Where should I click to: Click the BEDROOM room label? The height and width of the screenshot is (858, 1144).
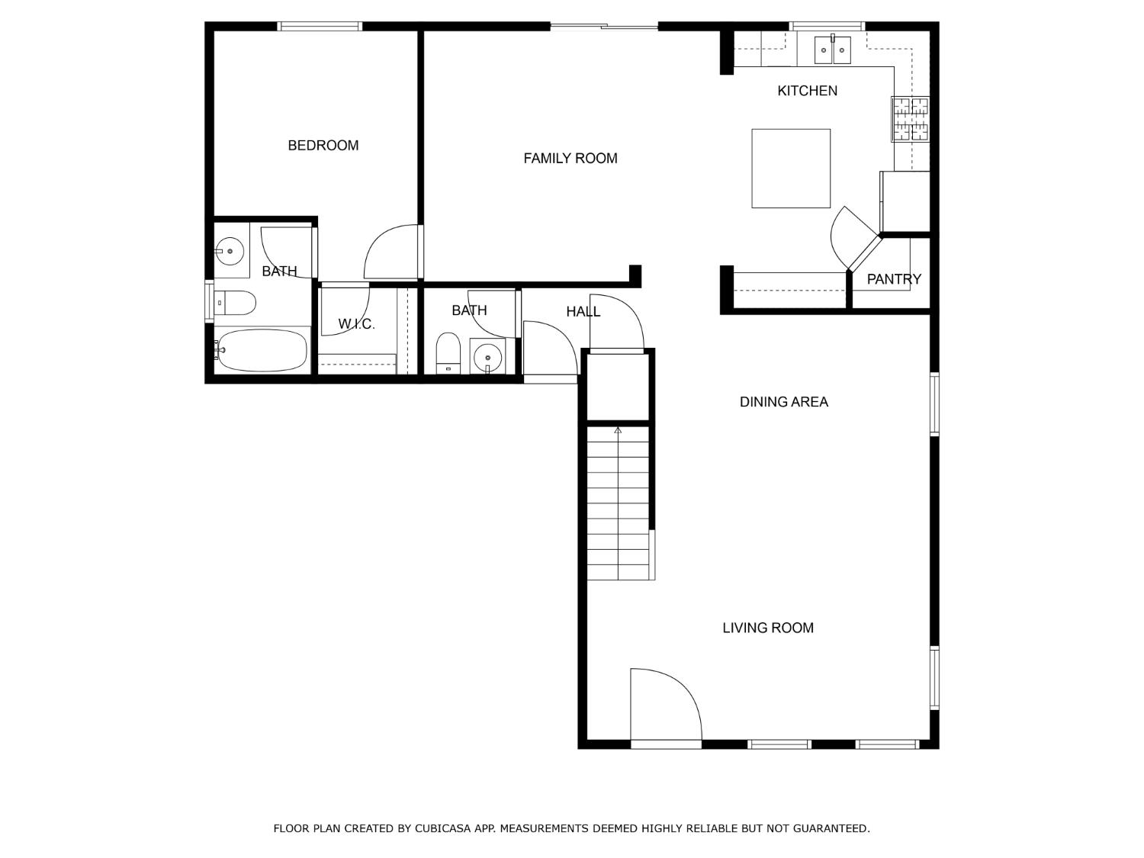point(323,146)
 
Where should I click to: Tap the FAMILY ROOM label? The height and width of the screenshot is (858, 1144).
point(570,159)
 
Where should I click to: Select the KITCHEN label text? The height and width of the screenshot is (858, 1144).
point(807,91)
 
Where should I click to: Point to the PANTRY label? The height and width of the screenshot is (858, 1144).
point(894,279)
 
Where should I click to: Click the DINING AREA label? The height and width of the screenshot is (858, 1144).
point(783,402)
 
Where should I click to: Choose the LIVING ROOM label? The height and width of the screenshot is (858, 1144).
point(767,628)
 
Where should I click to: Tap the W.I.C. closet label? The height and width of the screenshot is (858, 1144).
point(356,324)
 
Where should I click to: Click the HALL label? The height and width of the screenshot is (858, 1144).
point(583,311)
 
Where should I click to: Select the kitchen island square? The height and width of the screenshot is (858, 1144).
point(791,169)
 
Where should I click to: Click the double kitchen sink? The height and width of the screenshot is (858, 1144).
point(832,50)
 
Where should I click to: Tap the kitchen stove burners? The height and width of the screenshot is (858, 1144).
point(911,119)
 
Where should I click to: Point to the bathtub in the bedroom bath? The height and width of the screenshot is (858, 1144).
point(261,351)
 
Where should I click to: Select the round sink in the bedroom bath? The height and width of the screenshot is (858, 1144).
point(229,250)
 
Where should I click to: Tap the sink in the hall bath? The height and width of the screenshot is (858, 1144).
point(487,356)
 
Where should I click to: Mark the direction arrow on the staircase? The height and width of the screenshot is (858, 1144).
point(618,431)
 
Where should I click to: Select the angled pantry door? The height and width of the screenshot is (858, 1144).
point(863,252)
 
